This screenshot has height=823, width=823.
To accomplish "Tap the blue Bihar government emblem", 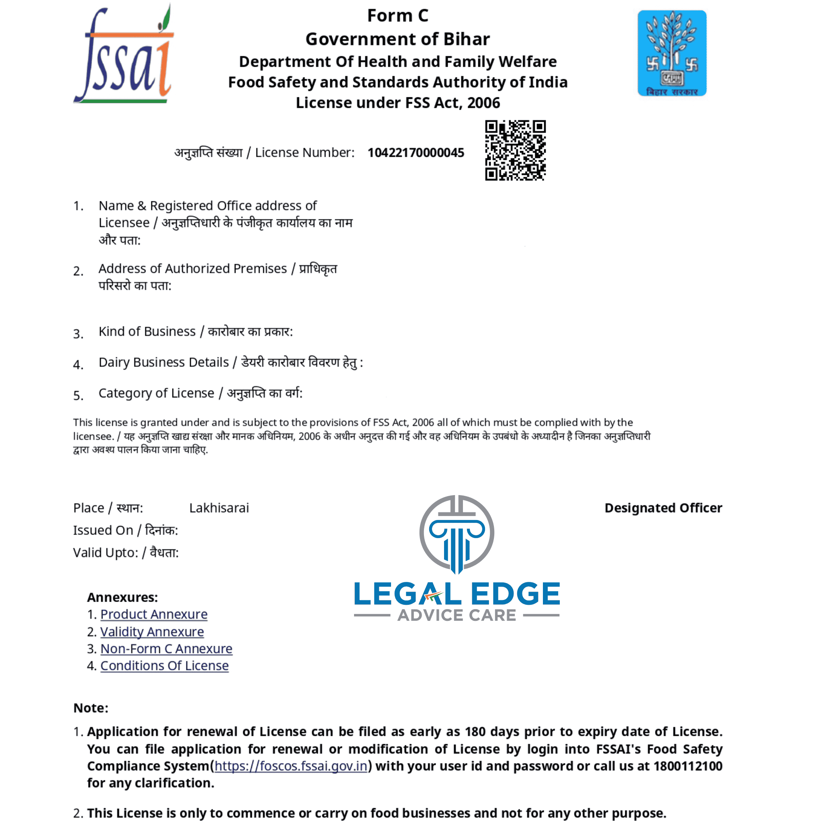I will tap(672, 53).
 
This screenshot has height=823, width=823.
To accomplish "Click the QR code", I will tap(515, 150).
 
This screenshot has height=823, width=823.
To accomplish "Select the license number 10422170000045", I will tap(416, 152).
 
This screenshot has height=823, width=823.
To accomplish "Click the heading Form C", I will tap(397, 16).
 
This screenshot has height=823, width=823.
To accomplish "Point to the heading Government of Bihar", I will tap(397, 39).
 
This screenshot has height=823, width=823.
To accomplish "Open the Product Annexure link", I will tap(154, 614).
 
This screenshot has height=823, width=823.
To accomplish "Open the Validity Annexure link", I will tap(152, 632).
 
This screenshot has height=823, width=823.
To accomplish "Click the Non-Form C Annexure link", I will tap(166, 649).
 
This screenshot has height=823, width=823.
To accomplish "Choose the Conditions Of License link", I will tap(164, 666).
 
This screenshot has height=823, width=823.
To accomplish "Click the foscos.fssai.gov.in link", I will tap(291, 766).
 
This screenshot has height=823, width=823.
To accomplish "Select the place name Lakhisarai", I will tap(219, 508).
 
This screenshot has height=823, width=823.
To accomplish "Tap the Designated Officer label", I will tap(663, 508).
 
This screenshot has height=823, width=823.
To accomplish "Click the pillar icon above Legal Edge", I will tap(457, 534).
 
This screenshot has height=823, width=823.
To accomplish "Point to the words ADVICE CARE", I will tap(457, 615).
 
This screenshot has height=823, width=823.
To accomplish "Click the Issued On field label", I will tap(125, 530).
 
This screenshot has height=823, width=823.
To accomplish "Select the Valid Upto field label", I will tap(126, 553).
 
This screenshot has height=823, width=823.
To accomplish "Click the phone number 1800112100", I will tap(688, 766).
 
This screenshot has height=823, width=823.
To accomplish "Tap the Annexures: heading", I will tap(122, 597).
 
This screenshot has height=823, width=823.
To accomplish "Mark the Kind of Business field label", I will tap(196, 332).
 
